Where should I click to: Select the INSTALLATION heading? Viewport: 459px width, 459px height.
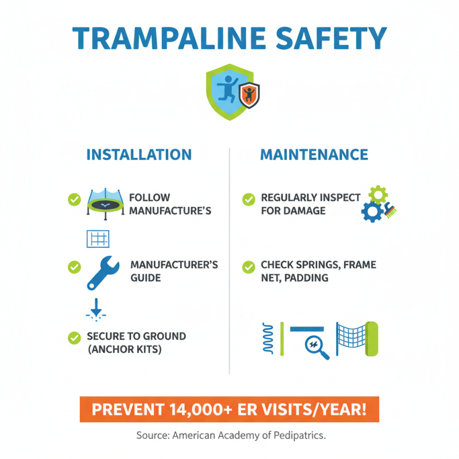139,154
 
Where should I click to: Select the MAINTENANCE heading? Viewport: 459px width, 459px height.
314,154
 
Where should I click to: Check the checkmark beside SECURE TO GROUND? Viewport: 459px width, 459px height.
74,337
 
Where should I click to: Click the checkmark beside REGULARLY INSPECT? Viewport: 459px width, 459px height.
248,199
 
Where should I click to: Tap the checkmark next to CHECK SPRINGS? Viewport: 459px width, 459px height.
248,267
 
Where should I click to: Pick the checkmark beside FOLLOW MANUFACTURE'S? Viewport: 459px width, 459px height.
74,199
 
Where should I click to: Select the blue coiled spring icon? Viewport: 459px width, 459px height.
267,339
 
